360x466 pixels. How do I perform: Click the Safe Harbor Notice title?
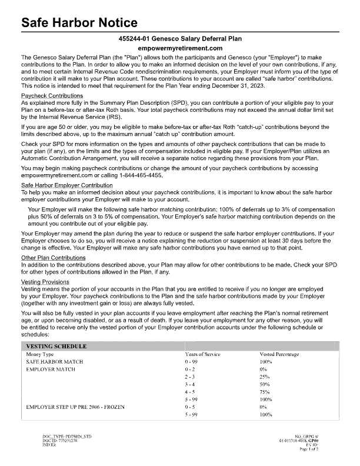[79, 23]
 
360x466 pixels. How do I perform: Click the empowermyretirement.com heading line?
[180, 48]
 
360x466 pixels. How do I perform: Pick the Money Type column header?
[41, 354]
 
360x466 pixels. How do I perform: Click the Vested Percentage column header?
[279, 354]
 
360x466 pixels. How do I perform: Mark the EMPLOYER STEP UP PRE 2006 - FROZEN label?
[76, 407]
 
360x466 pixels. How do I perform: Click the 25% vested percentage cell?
[265, 377]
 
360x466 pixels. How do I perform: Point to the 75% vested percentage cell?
[265, 392]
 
